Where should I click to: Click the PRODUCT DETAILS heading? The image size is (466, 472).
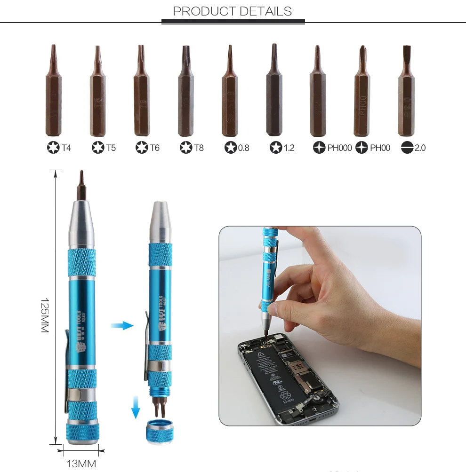[233, 11]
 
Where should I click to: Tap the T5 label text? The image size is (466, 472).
[111, 148]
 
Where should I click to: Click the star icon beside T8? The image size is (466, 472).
[186, 148]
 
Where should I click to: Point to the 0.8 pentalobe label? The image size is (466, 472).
[243, 148]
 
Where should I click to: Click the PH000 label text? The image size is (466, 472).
[339, 148]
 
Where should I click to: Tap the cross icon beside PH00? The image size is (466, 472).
[362, 148]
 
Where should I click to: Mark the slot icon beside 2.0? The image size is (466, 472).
[407, 148]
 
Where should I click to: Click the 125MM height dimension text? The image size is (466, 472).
[45, 315]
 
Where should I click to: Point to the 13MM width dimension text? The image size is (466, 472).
[81, 464]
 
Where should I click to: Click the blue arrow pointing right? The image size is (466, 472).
[122, 325]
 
